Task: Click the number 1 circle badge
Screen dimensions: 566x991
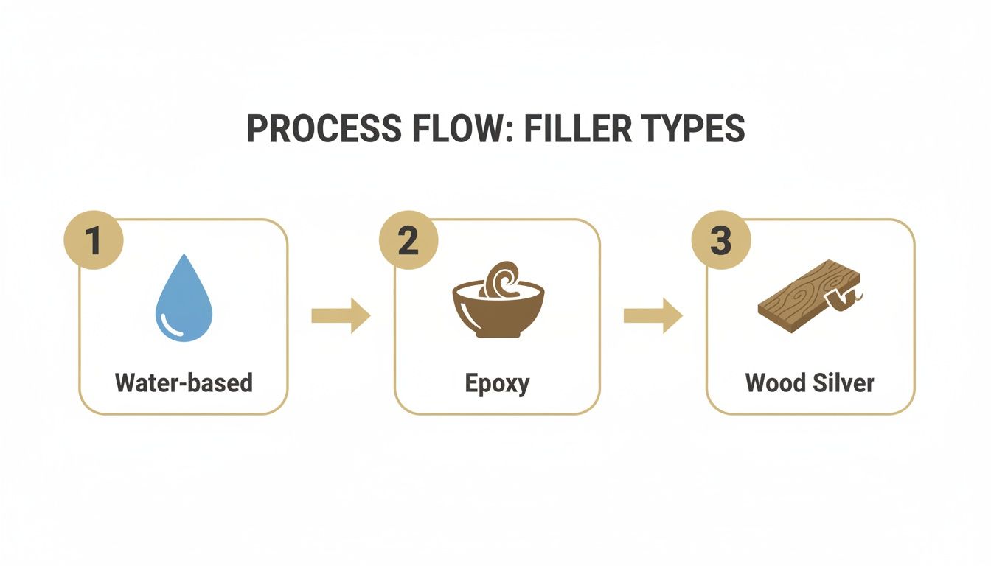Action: tap(94, 241)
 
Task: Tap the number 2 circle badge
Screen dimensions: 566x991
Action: tap(408, 241)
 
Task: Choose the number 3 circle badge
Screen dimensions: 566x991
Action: tap(720, 241)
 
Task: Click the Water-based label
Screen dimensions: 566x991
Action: tap(184, 382)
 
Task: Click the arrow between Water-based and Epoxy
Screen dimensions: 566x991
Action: tap(341, 315)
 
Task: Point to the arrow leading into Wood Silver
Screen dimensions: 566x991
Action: tap(653, 315)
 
